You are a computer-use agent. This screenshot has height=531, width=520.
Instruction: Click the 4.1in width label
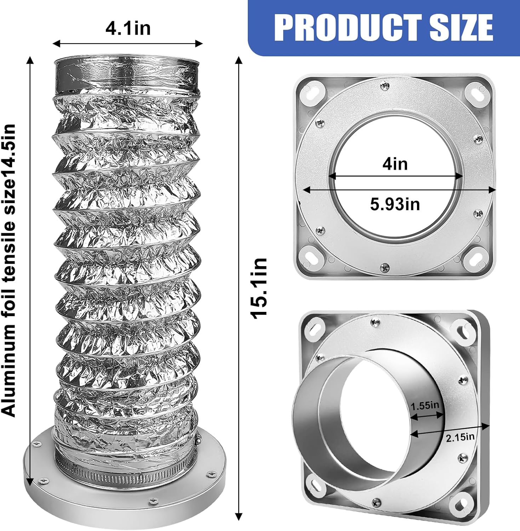click(x=128, y=28)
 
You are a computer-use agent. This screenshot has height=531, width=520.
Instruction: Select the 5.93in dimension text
click(x=395, y=204)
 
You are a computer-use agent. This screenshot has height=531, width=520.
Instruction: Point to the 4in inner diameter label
click(x=395, y=164)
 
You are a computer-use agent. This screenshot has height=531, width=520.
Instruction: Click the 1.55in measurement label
click(x=425, y=405)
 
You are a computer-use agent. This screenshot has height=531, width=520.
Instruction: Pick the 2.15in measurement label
click(x=460, y=438)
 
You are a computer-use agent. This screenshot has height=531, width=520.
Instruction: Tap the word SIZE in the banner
click(x=461, y=27)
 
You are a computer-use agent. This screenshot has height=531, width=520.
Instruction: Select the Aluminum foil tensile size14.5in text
click(x=9, y=270)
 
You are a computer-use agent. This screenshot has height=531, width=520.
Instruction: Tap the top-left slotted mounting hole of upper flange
click(x=313, y=92)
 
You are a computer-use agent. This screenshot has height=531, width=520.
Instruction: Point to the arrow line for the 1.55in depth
click(x=427, y=417)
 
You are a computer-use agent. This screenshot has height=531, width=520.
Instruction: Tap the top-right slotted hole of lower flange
click(x=464, y=330)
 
